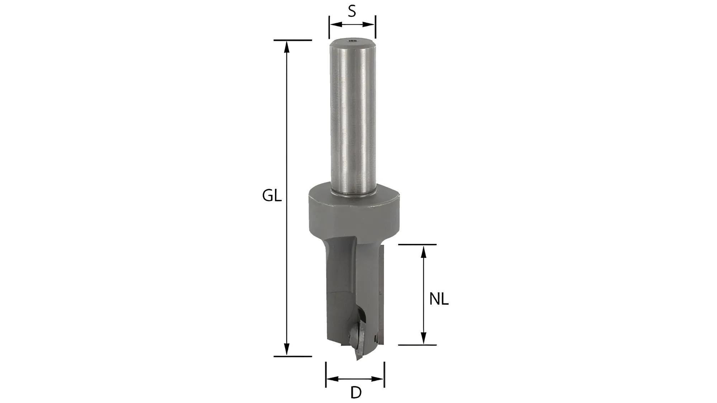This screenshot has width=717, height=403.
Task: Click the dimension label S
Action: (x=352, y=11)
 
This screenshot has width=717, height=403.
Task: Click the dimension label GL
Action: (x=272, y=196)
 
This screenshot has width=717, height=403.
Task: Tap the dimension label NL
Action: (x=439, y=299)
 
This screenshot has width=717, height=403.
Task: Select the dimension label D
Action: (x=356, y=393)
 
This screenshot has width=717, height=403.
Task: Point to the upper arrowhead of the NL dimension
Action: (x=423, y=252)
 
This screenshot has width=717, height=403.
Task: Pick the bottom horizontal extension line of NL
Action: (x=417, y=345)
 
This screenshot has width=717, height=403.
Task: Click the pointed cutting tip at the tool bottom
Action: (x=358, y=359)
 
